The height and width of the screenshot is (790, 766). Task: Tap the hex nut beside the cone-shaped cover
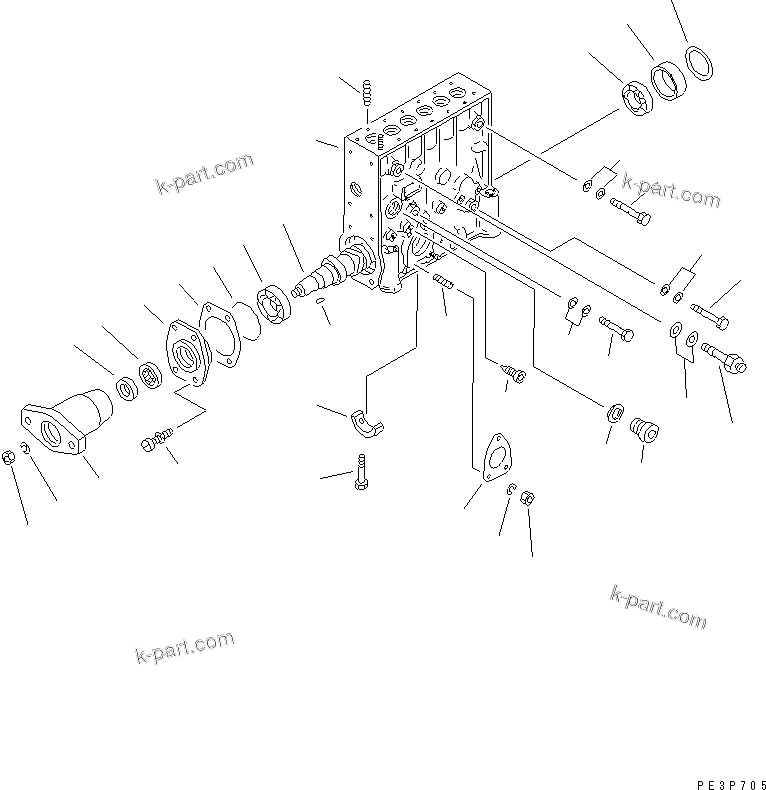(x=9, y=456)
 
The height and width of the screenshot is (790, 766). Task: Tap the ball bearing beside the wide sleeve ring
(x=636, y=102)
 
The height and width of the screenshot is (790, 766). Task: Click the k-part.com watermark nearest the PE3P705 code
(x=657, y=606)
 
